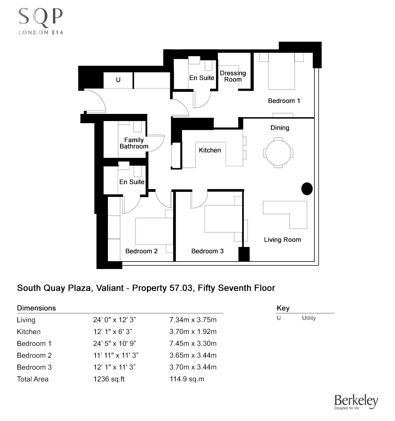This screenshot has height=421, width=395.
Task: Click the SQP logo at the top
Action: tap(41, 21)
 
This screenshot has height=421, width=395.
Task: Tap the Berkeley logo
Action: tap(356, 402)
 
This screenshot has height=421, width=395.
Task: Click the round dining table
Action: tap(278, 152)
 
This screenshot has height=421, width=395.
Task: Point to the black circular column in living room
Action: tap(307, 189)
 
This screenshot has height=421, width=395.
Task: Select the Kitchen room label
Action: tap(210, 150)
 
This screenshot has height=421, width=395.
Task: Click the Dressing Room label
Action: tap(233, 76)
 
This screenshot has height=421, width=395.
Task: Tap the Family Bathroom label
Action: tap(134, 143)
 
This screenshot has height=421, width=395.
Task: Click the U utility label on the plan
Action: tap(118, 80)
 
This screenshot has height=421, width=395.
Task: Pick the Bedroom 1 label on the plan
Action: tap(284, 101)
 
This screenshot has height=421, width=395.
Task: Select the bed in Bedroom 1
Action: tap(281, 71)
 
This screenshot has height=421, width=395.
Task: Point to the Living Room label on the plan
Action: tap(282, 240)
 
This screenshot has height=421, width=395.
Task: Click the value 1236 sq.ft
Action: tap(109, 379)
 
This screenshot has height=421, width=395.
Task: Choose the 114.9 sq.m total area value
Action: tap(187, 379)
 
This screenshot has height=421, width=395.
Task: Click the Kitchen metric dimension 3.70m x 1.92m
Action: tap(193, 332)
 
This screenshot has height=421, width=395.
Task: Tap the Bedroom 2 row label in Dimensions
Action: tap(34, 355)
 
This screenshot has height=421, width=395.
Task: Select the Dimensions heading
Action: tap(36, 308)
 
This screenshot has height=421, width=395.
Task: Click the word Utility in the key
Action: tap(309, 318)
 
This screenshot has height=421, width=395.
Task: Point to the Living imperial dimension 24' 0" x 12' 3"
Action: tap(115, 320)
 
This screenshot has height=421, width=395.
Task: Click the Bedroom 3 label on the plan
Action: tap(207, 251)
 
